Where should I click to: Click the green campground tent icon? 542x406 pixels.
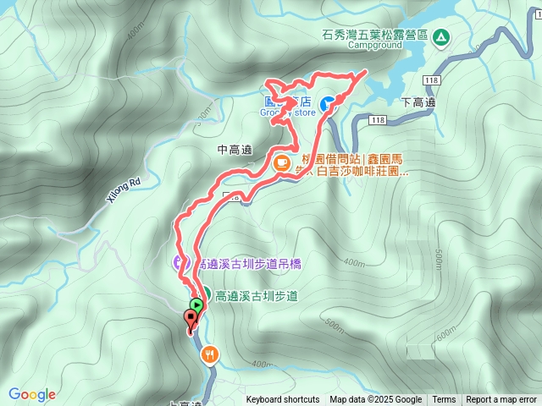point(440,36)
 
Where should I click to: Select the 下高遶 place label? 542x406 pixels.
point(418,102)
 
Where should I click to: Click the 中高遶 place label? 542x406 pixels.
point(235,150)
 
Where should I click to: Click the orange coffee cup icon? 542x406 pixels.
point(281,162)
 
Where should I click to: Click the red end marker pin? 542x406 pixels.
point(190,320)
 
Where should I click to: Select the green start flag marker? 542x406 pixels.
point(196,304)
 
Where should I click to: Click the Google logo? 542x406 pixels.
point(31,394)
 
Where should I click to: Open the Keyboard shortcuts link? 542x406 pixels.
point(283,400)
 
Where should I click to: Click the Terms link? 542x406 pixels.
point(444,400)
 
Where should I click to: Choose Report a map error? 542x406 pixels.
point(501,400)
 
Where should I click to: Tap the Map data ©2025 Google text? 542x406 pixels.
point(376,400)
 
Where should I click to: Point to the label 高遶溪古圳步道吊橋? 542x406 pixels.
point(247,264)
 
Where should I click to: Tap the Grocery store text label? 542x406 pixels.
point(287,112)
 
